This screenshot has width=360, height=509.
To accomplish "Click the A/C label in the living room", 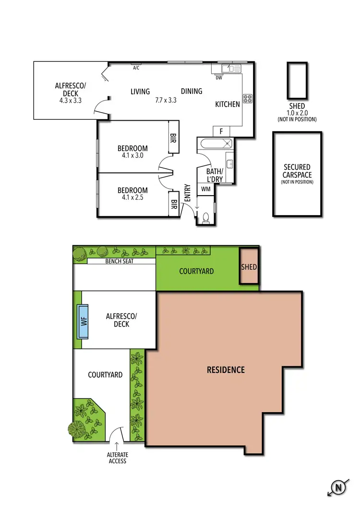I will tap(136, 68).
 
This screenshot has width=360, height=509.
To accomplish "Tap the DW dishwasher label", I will tap(219, 78).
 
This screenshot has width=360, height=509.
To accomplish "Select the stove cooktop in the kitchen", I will tap(248, 98).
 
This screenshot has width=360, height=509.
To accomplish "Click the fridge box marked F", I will tap(221, 131).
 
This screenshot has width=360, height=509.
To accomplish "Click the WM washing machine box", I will tap(206, 189).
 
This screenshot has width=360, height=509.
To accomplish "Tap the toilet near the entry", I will tap(205, 218).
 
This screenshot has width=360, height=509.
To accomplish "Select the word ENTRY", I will tap(188, 193).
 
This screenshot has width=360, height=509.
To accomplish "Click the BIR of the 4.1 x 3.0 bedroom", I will tap(173, 139).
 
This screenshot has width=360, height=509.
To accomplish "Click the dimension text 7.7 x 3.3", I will tap(166, 101).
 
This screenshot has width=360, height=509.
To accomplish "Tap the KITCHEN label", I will tap(228, 104).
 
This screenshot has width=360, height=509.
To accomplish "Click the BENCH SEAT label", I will tap(120, 261).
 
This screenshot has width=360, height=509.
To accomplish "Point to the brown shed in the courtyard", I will tap(249, 266).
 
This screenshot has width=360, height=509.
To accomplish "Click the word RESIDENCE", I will tap(226, 370).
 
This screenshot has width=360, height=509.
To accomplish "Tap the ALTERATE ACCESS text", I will tap(117, 458).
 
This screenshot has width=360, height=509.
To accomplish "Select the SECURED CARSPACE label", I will tap(297, 171).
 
